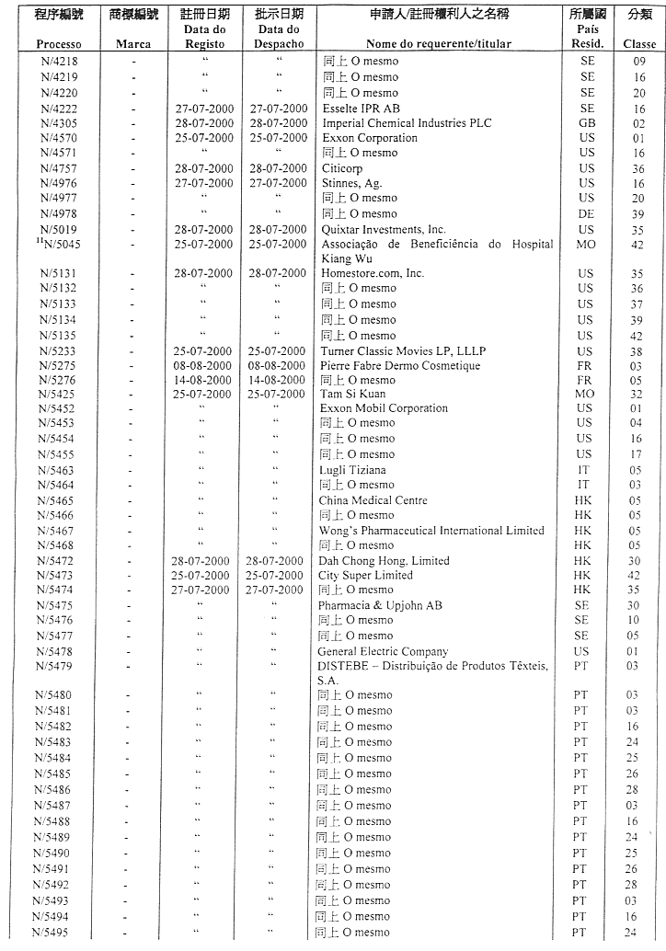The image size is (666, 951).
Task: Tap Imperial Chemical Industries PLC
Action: coord(406,123)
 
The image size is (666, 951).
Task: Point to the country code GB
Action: coord(587,123)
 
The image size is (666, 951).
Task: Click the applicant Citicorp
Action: coord(341,168)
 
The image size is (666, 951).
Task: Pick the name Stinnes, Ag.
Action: coord(351,183)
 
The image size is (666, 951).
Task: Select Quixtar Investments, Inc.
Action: coord(383,229)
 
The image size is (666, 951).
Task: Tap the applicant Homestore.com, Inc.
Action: coord(373,273)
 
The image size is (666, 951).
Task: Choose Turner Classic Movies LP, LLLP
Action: coord(402,350)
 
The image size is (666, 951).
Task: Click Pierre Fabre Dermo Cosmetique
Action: coord(400,366)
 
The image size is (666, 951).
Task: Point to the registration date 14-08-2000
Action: coord(204,380)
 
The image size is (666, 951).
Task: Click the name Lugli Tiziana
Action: coord(352,470)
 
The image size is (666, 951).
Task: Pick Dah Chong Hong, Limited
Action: coord(384,561)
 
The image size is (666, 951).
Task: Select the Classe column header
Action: coord(640,44)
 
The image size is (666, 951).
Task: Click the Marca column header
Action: coord(134,44)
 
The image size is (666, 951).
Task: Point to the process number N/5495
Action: coord(56,933)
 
